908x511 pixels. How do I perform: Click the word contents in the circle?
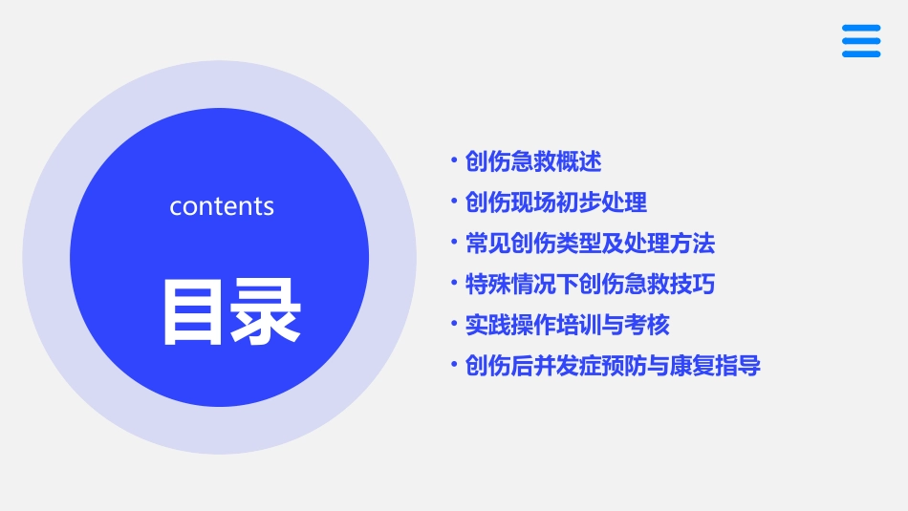[x=222, y=206]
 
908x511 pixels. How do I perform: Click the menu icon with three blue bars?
[x=861, y=41]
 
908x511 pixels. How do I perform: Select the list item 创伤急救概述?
[x=533, y=161]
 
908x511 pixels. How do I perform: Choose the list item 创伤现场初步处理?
[x=556, y=202]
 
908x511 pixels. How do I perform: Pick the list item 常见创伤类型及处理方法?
[x=590, y=244]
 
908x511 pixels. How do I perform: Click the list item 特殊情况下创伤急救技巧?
[x=590, y=285]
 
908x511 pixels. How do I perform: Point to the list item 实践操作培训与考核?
[x=567, y=326]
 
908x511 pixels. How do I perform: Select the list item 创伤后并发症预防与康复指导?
[x=613, y=366]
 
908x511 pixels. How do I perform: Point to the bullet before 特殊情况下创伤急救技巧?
[x=454, y=283]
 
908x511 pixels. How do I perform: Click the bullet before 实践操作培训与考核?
[x=454, y=324]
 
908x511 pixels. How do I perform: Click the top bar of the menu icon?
[x=861, y=29]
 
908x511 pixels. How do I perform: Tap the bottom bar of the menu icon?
[x=861, y=54]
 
